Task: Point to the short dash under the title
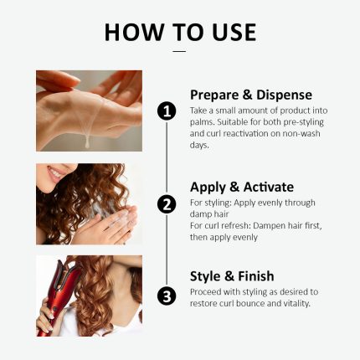tap(179, 52)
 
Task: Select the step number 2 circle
tap(167, 203)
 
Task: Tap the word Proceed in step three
tap(208, 291)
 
